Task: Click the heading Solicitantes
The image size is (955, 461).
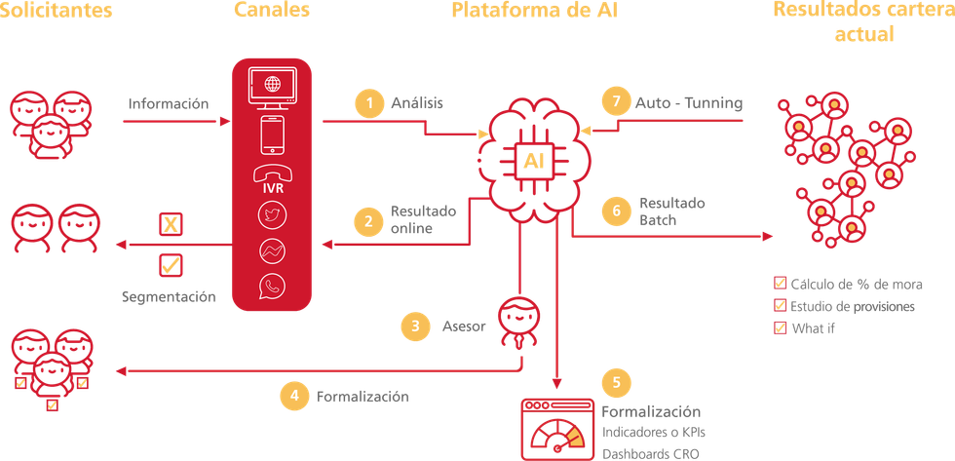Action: tap(55, 12)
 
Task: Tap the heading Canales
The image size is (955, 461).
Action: tap(272, 12)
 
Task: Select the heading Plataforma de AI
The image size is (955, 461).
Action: tap(534, 12)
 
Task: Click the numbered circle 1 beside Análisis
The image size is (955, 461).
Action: tap(368, 103)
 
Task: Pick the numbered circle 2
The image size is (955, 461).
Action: tap(368, 221)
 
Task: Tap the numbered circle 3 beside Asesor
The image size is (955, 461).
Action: tap(414, 327)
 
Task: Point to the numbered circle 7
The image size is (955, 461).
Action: tap(612, 101)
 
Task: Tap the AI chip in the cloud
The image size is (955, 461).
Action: tap(533, 161)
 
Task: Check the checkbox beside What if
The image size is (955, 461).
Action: tap(780, 328)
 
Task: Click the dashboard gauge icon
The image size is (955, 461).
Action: tap(555, 429)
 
